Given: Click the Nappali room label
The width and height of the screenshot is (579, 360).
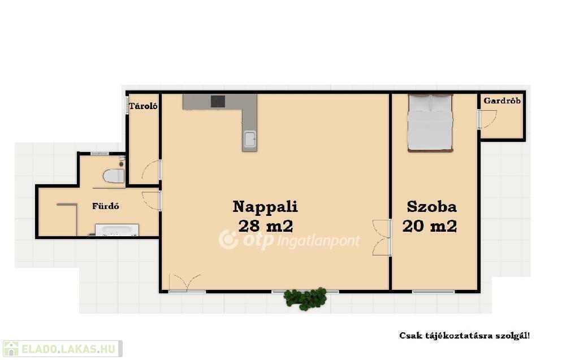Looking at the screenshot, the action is [265, 207].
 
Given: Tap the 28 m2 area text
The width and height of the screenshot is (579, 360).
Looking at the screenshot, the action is [266, 226].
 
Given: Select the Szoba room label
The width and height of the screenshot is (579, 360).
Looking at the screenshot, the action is [431, 207].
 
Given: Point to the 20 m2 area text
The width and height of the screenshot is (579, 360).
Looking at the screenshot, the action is [430, 226].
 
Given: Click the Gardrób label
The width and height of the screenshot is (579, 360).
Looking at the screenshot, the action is [502, 101].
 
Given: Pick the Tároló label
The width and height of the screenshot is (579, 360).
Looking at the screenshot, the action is [143, 106].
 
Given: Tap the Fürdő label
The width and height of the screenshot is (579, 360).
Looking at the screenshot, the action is [106, 206].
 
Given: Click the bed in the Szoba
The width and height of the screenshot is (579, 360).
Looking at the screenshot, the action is [430, 123].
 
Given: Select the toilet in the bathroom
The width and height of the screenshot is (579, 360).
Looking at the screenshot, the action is [114, 176].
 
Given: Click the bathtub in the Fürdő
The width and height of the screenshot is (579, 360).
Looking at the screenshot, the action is [117, 229].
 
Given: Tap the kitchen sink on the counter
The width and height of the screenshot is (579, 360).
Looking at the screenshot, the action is [249, 140].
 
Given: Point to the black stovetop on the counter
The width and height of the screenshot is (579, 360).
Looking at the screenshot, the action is [218, 101].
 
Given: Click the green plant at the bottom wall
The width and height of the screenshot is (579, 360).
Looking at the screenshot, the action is [305, 298].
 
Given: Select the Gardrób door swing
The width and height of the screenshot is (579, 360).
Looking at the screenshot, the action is [488, 119].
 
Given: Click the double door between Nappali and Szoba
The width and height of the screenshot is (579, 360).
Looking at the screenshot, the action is [382, 238].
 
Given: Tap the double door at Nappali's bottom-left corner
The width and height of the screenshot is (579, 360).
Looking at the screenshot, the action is [185, 283].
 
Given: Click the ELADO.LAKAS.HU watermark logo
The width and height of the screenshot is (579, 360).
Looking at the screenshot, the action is [62, 349].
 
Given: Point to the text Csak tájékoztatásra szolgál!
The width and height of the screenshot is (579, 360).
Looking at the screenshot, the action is [465, 336].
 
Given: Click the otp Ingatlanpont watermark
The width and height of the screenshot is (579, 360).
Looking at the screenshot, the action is [289, 240].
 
